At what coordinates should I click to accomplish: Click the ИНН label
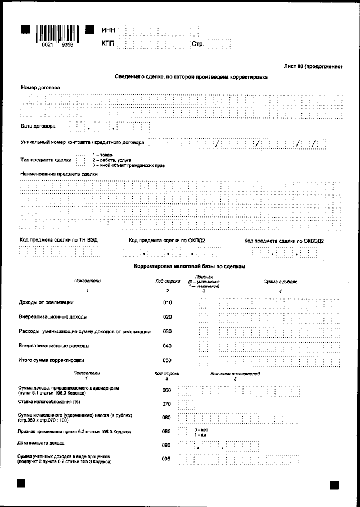click(x=109, y=29)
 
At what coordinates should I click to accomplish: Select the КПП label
click(x=109, y=43)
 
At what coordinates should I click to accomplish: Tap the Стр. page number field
click(x=219, y=43)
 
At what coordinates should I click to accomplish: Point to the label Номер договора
click(x=40, y=88)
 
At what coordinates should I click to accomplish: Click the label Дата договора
click(x=38, y=126)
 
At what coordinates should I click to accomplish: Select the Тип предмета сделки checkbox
click(x=80, y=161)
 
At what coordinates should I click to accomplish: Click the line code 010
click(x=167, y=303)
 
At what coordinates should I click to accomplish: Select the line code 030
click(x=167, y=332)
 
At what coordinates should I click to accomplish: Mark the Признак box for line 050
click(x=204, y=360)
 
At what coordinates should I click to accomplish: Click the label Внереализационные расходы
click(x=54, y=346)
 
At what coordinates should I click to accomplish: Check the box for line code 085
click(x=182, y=432)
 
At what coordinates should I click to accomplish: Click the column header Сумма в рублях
click(x=280, y=282)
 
